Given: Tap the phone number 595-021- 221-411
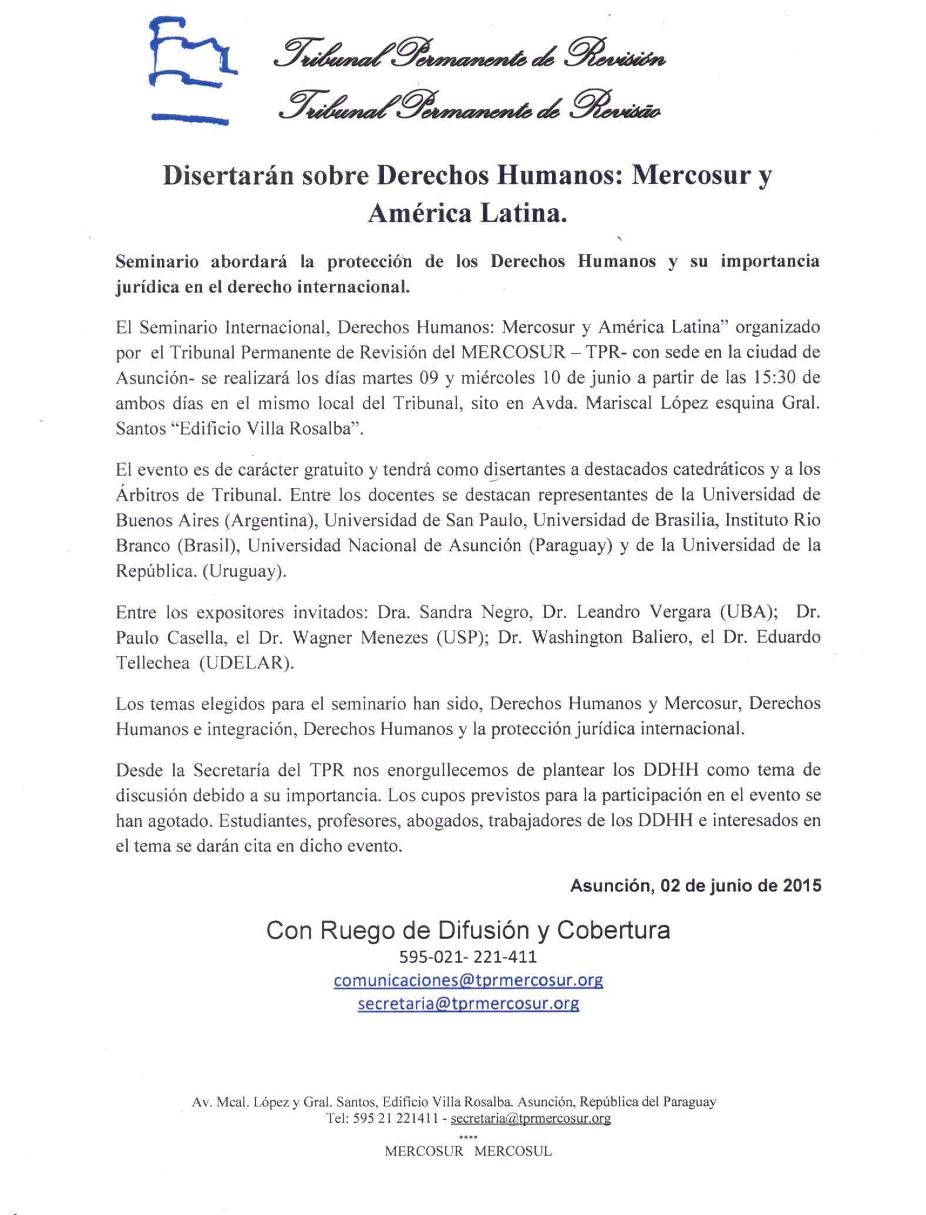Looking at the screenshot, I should pos(468,957).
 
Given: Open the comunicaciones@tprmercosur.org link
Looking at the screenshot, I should pos(468,980).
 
